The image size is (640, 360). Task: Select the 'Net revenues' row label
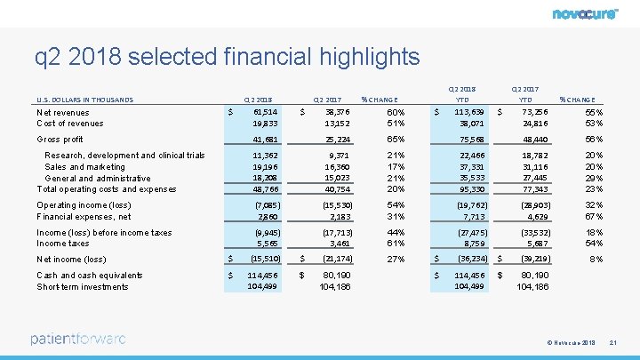coord(63,113)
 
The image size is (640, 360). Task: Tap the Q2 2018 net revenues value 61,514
coord(264,113)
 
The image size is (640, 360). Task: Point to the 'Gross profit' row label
coord(60,140)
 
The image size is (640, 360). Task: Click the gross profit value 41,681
coord(264,140)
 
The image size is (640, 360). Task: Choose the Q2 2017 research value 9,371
coord(337,155)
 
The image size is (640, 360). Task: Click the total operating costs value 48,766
coord(264,189)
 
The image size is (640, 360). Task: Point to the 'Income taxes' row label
coord(62,243)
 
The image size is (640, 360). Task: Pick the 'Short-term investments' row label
coord(83,286)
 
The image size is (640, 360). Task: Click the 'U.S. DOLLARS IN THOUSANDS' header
coord(85,100)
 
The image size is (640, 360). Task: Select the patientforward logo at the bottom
coord(78,339)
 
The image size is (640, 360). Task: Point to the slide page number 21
coord(613,343)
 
